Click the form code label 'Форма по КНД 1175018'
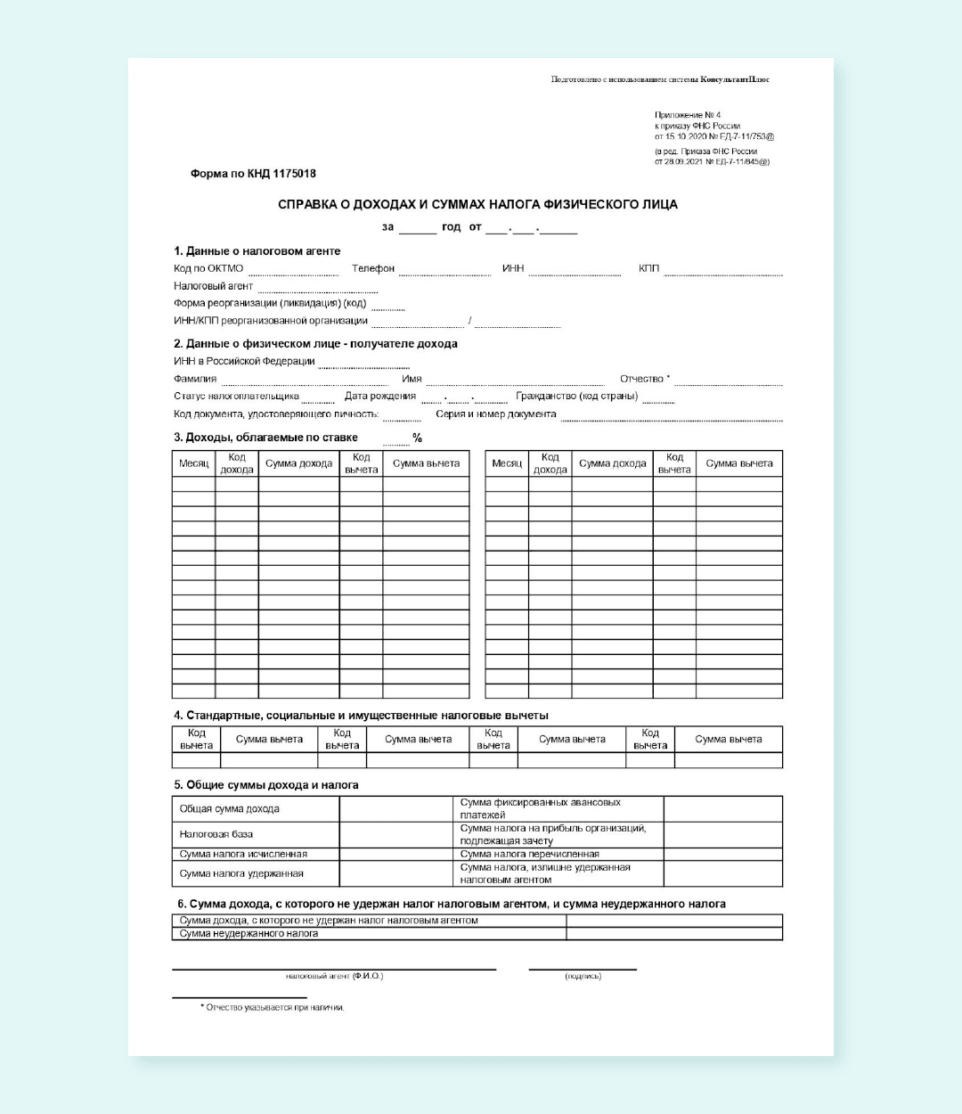click(253, 174)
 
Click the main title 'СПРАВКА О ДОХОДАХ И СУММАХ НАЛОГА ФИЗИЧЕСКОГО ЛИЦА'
click(477, 205)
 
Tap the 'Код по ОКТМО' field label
click(208, 268)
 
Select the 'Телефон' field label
click(373, 268)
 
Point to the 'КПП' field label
click(648, 268)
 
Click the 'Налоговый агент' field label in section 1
click(214, 286)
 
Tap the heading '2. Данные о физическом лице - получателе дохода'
click(316, 344)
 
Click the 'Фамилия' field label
click(195, 379)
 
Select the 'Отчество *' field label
click(645, 379)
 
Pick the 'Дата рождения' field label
click(380, 396)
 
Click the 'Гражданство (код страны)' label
click(576, 396)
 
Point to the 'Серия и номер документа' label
click(495, 414)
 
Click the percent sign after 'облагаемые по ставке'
click(417, 438)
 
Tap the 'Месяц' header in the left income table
click(193, 463)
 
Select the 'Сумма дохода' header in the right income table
click(612, 463)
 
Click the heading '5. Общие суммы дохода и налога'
click(266, 785)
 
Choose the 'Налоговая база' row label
click(216, 834)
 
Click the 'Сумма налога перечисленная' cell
click(529, 854)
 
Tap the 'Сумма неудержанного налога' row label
click(249, 934)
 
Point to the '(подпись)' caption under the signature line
click(583, 977)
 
